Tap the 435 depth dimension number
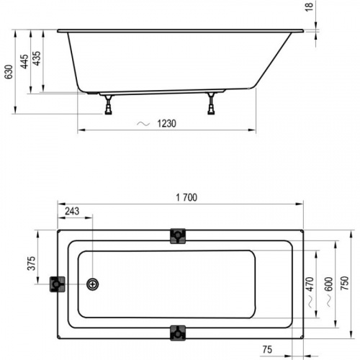click(37, 60)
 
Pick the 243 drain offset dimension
click(73, 211)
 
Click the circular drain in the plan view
click(92, 284)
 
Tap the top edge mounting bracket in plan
click(177, 236)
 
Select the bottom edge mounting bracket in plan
click(177, 333)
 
